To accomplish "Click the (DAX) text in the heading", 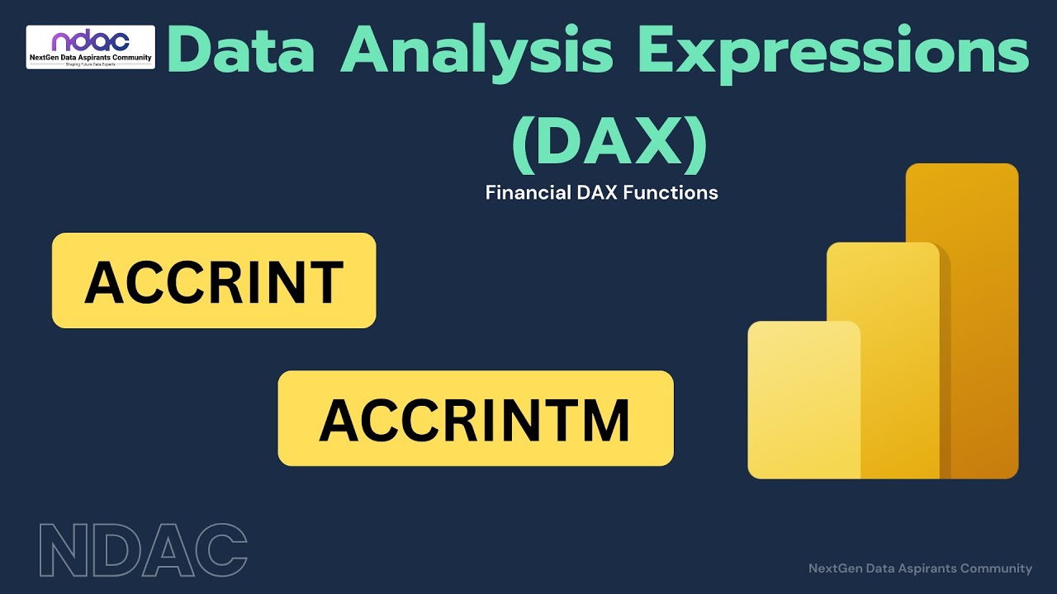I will pos(609,144).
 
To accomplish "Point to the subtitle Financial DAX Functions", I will pos(601,193).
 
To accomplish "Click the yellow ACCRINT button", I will pos(214,280).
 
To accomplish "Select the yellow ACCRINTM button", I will pos(475,418).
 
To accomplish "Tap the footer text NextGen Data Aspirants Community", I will pos(920,568).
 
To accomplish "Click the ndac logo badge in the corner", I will pos(91,47).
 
